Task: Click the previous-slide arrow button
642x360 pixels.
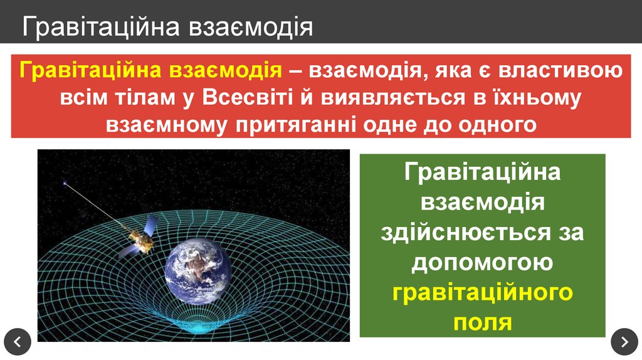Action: point(18,342)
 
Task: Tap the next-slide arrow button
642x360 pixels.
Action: point(624,342)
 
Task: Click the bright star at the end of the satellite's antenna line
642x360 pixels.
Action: point(64,184)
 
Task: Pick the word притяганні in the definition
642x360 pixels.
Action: point(295,124)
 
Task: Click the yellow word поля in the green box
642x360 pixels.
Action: point(482,321)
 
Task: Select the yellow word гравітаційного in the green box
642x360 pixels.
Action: point(482,292)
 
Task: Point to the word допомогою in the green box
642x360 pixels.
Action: point(482,262)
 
